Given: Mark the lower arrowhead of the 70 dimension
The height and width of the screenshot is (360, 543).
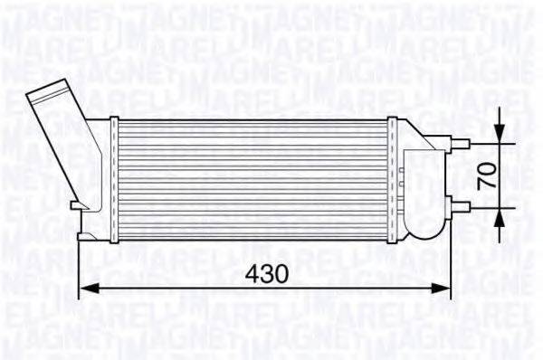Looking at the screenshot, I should (501, 212).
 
